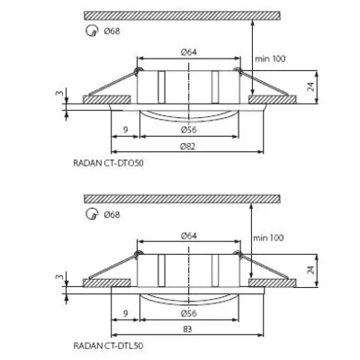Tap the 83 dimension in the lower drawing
click(188, 328)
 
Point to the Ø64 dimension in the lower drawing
click(187, 234)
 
